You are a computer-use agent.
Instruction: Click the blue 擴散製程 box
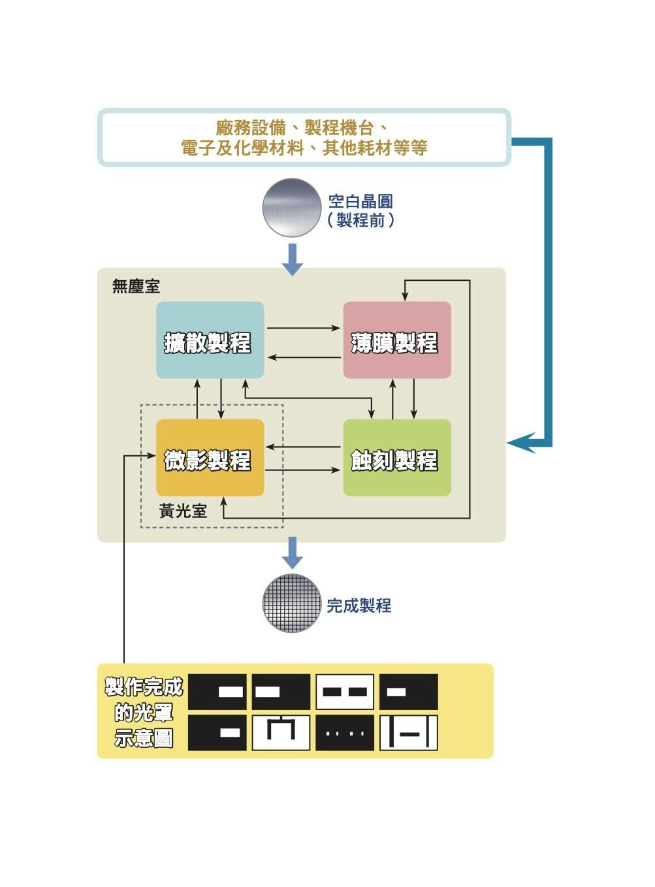pos(210,340)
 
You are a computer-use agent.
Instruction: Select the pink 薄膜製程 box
pos(397,340)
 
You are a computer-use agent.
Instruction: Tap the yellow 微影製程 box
pos(210,458)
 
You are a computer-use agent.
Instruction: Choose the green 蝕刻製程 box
pos(397,458)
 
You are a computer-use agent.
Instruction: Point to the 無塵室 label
pos(135,286)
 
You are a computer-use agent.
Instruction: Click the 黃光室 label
pos(183,511)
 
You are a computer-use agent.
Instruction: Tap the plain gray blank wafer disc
pos(291,208)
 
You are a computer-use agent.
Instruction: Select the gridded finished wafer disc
pos(291,604)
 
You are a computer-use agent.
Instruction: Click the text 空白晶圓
pos(360,201)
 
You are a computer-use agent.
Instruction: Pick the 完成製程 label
pos(359,605)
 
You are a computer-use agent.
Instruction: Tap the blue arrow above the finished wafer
pos(292,553)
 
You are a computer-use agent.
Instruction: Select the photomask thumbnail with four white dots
pos(345,733)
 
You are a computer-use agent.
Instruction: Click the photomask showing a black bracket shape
pos(281,733)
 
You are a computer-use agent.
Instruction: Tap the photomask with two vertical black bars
pos(409,733)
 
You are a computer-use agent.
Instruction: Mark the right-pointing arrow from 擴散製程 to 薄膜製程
pos(304,328)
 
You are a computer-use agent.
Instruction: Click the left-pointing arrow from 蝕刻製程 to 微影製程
pos(304,447)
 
